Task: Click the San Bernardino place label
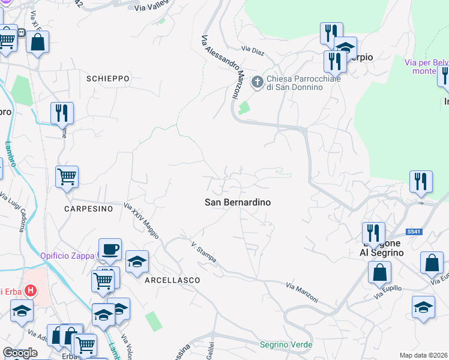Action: [238, 203]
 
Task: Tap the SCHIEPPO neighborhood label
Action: [108, 79]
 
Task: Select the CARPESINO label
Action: [89, 209]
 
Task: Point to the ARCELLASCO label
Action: [171, 280]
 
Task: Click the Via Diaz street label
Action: [253, 49]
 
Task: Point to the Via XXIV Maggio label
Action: [141, 221]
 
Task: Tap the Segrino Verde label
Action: [286, 344]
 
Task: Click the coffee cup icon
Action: [110, 249]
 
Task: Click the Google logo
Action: [20, 353]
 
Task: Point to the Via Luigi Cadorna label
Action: [13, 207]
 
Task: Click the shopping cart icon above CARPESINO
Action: [67, 176]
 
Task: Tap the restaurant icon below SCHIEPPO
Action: [62, 112]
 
